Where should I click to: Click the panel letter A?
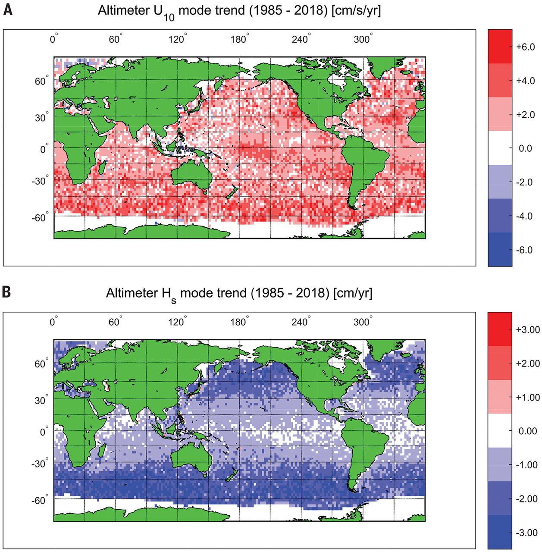click(x=7, y=9)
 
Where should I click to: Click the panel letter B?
click(x=7, y=292)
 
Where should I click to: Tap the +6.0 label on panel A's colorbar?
click(x=525, y=47)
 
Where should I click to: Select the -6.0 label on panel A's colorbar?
click(x=524, y=250)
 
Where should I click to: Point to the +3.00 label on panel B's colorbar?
click(x=527, y=330)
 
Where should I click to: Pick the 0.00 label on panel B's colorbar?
click(x=527, y=431)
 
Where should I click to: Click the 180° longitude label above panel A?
click(x=239, y=40)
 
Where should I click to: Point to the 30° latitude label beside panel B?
click(x=41, y=400)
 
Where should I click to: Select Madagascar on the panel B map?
click(x=103, y=451)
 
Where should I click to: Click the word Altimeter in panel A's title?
click(x=123, y=10)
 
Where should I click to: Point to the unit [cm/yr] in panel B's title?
click(x=353, y=293)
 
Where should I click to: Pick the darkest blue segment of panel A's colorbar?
click(x=500, y=249)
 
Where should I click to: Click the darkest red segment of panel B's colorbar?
click(x=500, y=329)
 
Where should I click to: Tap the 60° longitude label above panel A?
click(x=115, y=40)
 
